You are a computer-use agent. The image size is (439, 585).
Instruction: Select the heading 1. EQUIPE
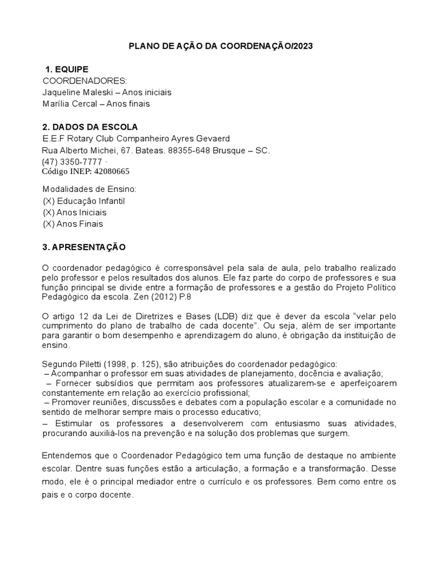(x=67, y=69)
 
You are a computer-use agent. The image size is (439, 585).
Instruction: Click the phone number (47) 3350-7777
(x=72, y=162)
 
